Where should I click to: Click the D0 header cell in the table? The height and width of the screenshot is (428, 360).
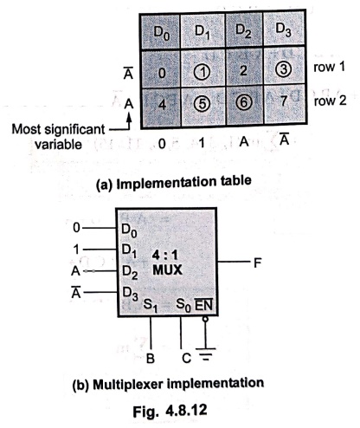click(161, 31)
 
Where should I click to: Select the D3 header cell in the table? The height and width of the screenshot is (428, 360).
click(284, 29)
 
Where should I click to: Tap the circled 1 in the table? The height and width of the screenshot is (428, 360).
click(202, 72)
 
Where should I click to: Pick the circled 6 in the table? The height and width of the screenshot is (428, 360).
click(244, 102)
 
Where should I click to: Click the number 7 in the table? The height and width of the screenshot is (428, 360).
click(284, 101)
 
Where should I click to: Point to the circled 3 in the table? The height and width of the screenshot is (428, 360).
click(283, 69)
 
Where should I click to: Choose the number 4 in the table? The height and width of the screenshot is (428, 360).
click(163, 104)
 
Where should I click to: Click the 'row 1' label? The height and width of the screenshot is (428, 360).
click(329, 67)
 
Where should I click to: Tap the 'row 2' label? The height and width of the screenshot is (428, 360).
click(330, 101)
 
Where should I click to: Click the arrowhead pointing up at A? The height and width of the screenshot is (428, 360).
click(129, 117)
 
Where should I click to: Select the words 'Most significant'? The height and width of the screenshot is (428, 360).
click(58, 129)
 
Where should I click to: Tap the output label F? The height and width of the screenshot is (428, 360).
click(257, 263)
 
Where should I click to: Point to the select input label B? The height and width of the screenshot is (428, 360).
click(151, 359)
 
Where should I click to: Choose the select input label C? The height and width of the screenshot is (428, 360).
click(187, 359)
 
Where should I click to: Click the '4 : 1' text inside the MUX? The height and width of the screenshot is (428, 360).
click(165, 256)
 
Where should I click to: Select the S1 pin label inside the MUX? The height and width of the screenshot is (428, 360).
click(151, 306)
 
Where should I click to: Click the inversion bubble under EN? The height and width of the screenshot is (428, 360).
click(205, 320)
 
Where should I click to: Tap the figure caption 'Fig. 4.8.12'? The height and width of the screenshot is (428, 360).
click(170, 410)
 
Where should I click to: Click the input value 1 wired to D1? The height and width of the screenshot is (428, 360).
click(76, 249)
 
